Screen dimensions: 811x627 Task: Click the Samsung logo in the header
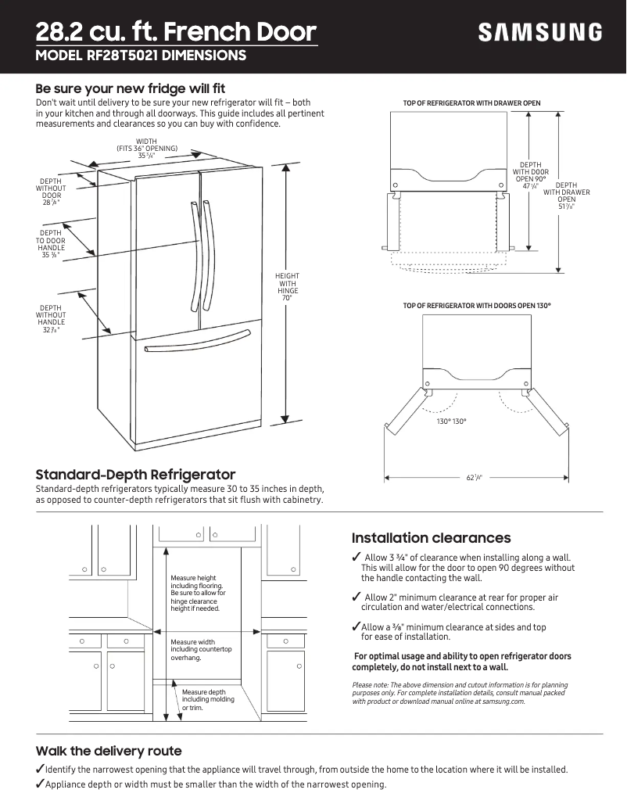click(x=540, y=32)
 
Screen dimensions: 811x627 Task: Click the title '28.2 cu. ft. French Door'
click(x=176, y=32)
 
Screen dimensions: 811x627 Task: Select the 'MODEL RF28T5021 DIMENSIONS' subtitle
click(x=142, y=56)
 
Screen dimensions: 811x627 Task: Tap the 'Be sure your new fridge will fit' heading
click(x=131, y=88)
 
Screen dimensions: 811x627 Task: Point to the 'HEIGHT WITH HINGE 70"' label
click(x=287, y=287)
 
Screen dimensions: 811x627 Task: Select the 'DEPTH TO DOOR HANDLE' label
click(x=51, y=243)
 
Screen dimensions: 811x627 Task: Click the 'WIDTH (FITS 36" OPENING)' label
click(x=147, y=149)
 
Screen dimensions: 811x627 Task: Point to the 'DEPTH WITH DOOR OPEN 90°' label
click(x=530, y=175)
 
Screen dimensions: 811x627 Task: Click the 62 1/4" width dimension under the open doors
click(x=474, y=477)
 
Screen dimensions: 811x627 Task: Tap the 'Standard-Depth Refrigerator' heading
click(x=135, y=475)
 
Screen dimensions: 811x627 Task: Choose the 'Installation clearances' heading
click(x=431, y=538)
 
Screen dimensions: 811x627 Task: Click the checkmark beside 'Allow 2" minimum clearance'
click(x=356, y=597)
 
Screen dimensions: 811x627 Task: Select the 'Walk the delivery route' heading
click(x=109, y=751)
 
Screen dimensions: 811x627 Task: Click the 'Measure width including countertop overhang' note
click(x=201, y=649)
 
